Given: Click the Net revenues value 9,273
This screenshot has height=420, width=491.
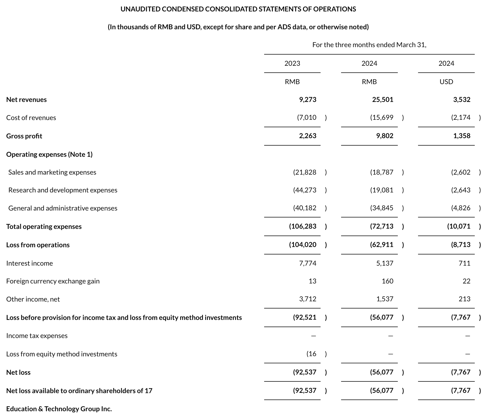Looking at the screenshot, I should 308,100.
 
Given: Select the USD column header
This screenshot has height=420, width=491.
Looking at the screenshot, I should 446,82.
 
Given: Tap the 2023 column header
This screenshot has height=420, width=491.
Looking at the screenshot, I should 292,63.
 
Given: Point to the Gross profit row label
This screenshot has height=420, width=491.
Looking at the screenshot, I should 24,136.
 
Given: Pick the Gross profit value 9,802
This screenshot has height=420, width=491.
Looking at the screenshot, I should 384,136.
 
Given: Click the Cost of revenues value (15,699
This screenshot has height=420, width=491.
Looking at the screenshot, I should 382,117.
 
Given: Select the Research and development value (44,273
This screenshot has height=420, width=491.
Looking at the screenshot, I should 305,190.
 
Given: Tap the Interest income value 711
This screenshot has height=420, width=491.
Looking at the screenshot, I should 464,263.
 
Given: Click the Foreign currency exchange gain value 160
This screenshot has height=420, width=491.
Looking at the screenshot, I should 387,281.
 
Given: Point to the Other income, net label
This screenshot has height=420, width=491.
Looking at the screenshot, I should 33,299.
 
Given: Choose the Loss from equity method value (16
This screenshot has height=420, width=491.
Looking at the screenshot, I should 311,354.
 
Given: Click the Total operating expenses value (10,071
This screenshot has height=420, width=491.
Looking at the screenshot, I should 459,226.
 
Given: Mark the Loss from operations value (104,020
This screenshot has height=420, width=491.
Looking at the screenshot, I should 303,245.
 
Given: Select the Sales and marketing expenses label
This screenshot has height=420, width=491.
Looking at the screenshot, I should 52,172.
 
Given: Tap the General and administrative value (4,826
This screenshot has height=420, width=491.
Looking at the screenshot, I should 461,208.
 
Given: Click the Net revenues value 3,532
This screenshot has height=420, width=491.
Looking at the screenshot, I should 461,100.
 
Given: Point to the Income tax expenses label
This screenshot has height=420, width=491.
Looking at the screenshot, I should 37,336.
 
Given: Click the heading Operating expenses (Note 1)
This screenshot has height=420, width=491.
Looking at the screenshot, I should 49,154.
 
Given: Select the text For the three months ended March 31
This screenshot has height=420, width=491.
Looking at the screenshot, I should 369,45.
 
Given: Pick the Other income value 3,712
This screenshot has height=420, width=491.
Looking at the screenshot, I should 308,299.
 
